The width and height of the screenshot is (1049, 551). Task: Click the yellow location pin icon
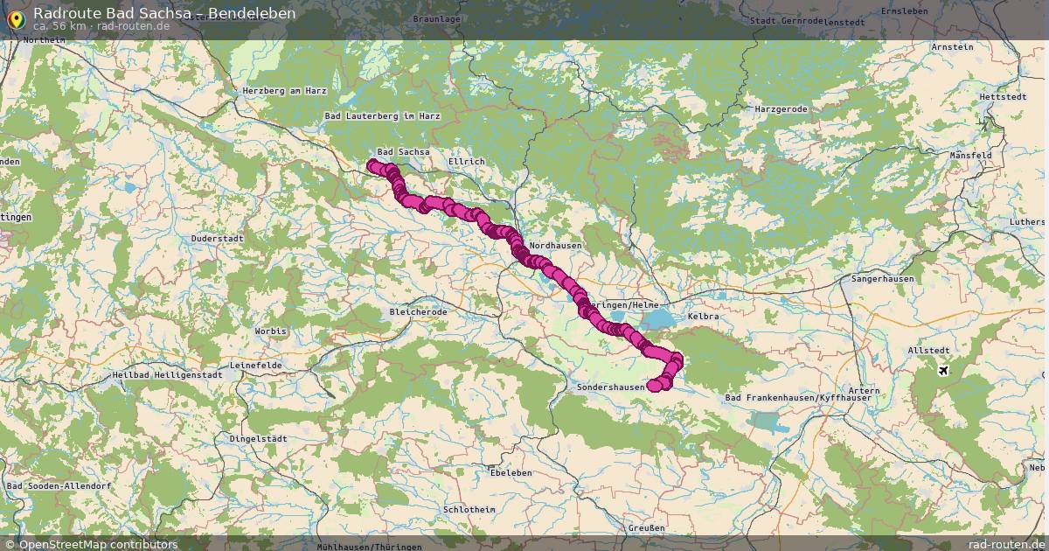click(16, 18)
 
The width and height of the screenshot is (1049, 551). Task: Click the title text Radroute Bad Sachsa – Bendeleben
click(164, 13)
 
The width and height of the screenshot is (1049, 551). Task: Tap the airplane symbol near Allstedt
click(943, 370)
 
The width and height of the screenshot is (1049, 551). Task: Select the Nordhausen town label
click(556, 246)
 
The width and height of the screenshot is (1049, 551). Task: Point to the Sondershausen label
click(611, 386)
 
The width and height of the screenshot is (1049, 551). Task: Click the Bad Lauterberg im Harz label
click(382, 115)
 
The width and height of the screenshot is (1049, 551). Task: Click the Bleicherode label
click(418, 311)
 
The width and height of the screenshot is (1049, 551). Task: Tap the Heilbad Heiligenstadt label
click(167, 374)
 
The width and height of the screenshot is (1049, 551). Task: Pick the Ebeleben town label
click(511, 472)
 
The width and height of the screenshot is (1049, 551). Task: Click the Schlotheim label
click(469, 509)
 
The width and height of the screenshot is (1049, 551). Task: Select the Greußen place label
click(646, 527)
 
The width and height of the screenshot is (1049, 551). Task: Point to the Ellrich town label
click(466, 162)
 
